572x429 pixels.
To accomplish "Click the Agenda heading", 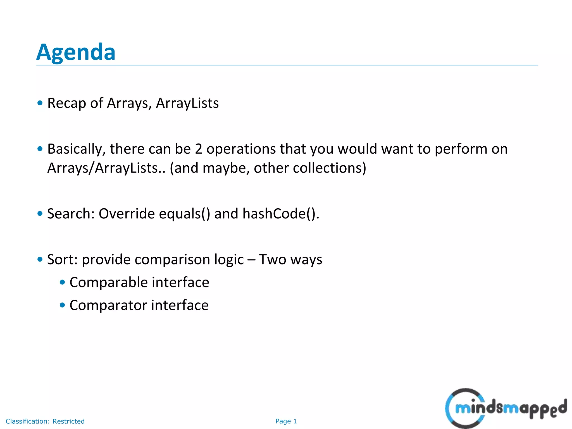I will tap(76, 52).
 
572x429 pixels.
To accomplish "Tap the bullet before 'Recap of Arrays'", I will tap(40, 103).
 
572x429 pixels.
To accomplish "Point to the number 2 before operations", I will tap(198, 149).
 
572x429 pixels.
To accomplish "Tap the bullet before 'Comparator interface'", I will tap(62, 305).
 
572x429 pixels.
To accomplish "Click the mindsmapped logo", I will tap(506, 408).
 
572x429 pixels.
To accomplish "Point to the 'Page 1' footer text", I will tap(286, 421).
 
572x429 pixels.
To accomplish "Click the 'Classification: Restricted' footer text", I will tap(45, 421).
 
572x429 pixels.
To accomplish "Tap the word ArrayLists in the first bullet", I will tap(187, 103).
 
